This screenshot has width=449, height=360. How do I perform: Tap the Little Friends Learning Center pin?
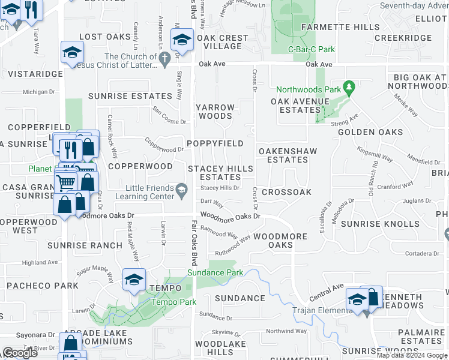pyautogui.click(x=181, y=192)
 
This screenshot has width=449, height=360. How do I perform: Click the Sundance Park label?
pyautogui.click(x=215, y=272)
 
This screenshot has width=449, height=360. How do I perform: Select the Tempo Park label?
pyautogui.click(x=166, y=302)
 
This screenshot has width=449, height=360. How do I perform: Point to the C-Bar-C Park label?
pyautogui.click(x=312, y=49)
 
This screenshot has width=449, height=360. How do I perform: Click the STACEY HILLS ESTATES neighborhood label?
pyautogui.click(x=220, y=173)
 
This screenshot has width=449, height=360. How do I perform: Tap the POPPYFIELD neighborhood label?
pyautogui.click(x=214, y=143)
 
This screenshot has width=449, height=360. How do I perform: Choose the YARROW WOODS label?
pyautogui.click(x=215, y=112)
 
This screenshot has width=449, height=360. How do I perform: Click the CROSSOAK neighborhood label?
pyautogui.click(x=286, y=192)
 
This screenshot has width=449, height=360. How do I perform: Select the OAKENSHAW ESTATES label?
pyautogui.click(x=287, y=155)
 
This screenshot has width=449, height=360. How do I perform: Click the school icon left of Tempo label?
pyautogui.click(x=134, y=280)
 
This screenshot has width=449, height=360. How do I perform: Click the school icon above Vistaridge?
pyautogui.click(x=72, y=52)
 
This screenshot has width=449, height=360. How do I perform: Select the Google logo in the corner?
pyautogui.click(x=20, y=353)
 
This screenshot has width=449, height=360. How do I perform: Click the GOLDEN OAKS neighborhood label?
pyautogui.click(x=370, y=132)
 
